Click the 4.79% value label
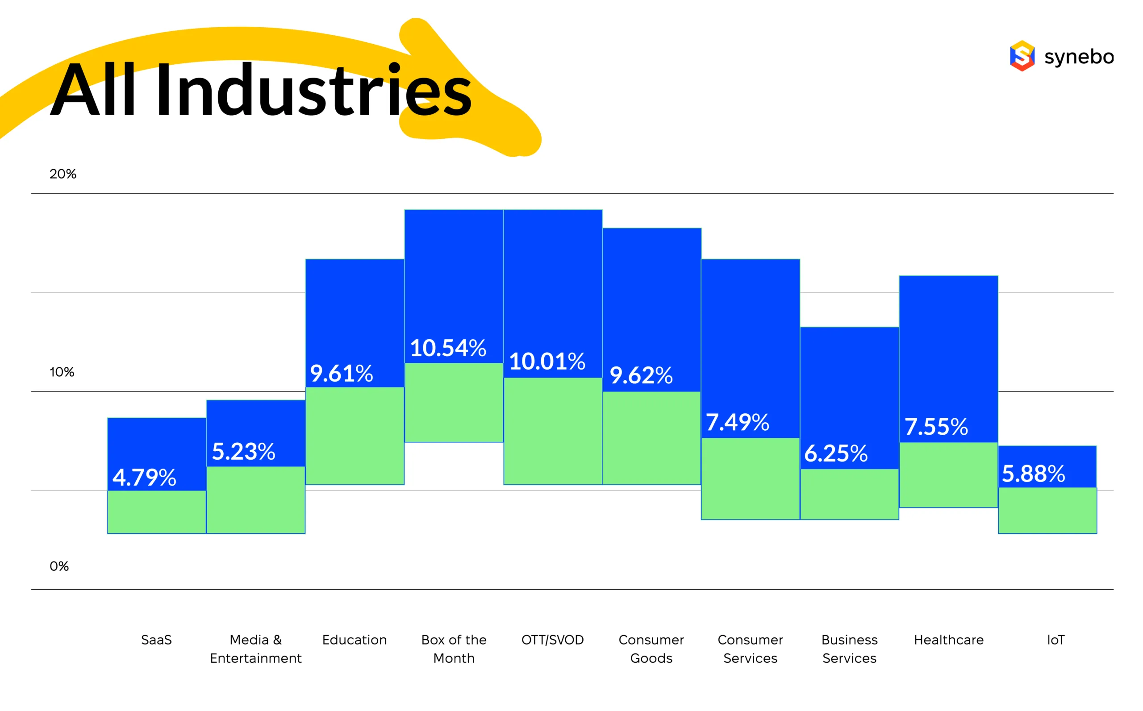pos(144,477)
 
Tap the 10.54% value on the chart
pos(448,348)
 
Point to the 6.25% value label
pos(835,453)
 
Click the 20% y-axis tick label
pos(63,174)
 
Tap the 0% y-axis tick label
pos(59,566)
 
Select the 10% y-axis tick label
pos(62,372)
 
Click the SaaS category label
pos(156,640)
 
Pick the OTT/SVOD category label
pos(552,640)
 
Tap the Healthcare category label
pos(948,640)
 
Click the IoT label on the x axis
pos(1055,640)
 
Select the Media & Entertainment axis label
pos(255,649)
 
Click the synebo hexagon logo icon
pos(1022,56)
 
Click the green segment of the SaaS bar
pos(157,512)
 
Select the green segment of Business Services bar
pos(849,494)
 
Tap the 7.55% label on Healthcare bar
pos(936,427)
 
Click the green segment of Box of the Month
pos(454,403)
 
